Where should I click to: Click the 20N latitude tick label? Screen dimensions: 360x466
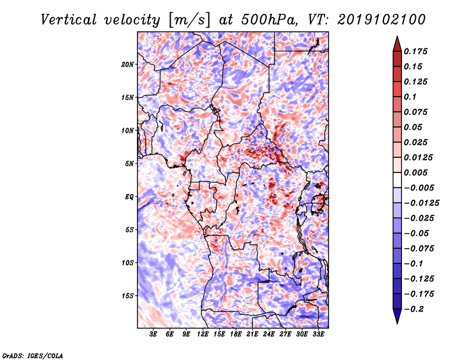pyautogui.click(x=128, y=64)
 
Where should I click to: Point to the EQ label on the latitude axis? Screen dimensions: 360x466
pyautogui.click(x=129, y=196)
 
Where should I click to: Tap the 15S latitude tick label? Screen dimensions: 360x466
pyautogui.click(x=128, y=295)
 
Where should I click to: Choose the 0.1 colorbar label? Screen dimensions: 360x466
pyautogui.click(x=411, y=97)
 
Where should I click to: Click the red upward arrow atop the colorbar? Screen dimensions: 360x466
pyautogui.click(x=396, y=43)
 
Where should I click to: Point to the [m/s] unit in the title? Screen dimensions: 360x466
pyautogui.click(x=188, y=19)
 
